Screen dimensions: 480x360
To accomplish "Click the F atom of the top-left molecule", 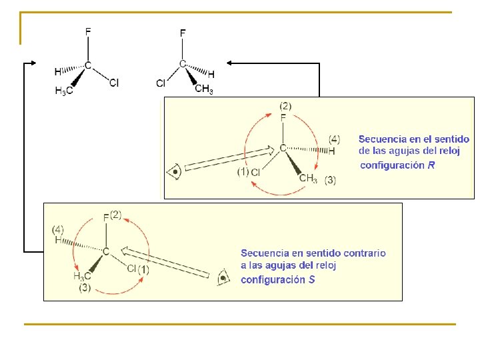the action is coord(88,31).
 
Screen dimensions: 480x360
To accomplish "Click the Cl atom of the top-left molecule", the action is coord(114,83).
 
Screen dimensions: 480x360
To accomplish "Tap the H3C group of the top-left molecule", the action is coord(64,91).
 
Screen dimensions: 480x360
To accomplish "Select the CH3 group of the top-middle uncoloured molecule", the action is coord(203,89).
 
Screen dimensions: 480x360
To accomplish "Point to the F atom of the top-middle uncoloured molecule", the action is coord(183,33).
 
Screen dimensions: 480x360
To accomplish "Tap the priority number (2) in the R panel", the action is coord(285,106).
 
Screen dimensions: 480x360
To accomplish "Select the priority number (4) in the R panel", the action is coord(334,139).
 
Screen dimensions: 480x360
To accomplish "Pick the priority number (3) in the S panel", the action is coord(85,288).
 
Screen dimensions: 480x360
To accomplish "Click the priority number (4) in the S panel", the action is coord(59,229).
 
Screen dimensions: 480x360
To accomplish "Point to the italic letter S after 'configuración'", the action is coord(312,279).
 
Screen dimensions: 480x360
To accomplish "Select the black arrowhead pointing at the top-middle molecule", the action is coord(230,63).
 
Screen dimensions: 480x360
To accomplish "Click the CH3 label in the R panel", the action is coord(308,177).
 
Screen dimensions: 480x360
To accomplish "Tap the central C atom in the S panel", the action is coord(105,251).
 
